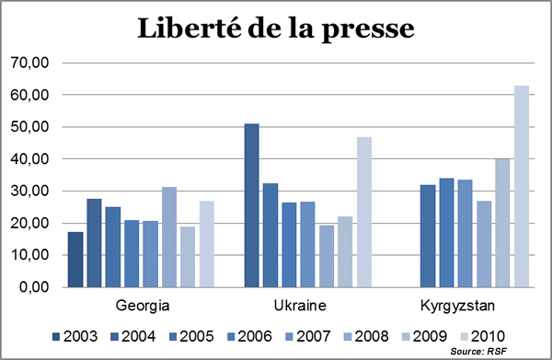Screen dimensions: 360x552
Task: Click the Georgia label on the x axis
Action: pyautogui.click(x=142, y=304)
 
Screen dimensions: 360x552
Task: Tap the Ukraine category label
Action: pyautogui.click(x=298, y=304)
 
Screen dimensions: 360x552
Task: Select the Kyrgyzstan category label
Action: pyautogui.click(x=456, y=304)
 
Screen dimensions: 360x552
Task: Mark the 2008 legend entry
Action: pyautogui.click(x=368, y=335)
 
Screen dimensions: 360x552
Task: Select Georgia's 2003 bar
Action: pyautogui.click(x=75, y=260)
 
